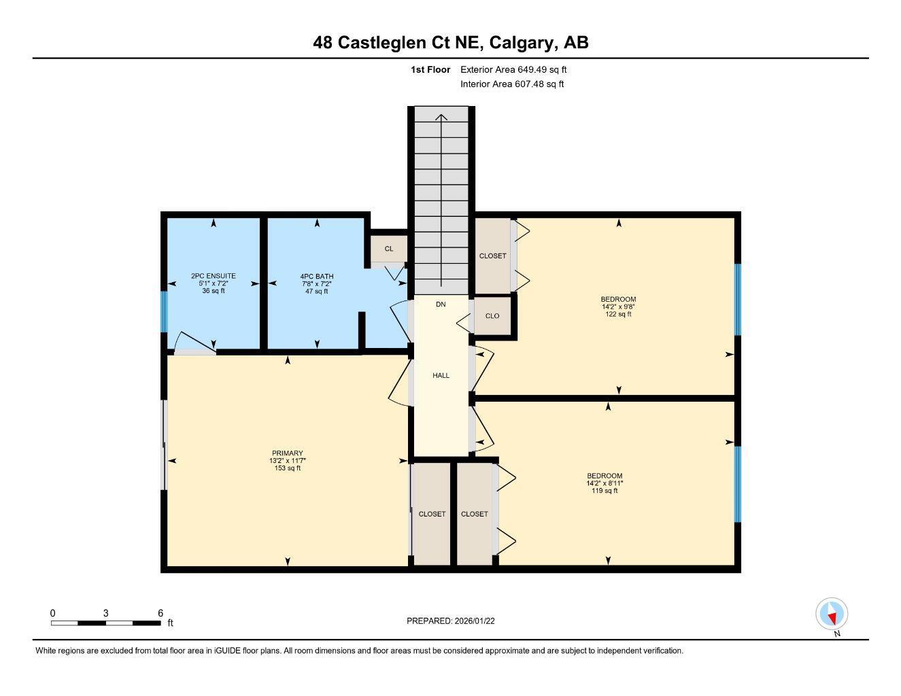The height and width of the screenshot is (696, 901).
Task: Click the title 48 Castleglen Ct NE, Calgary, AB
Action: (450, 42)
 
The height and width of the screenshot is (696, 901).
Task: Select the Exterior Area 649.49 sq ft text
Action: (513, 69)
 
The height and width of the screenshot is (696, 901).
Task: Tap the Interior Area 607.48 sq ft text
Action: (512, 84)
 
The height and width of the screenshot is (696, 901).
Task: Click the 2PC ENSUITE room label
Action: (214, 276)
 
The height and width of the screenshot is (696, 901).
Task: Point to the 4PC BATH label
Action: (317, 277)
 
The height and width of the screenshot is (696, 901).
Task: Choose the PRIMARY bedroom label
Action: (287, 453)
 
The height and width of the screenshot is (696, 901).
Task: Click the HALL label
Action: (441, 375)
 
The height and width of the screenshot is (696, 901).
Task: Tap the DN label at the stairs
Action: (441, 304)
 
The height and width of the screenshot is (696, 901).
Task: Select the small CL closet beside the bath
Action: (389, 249)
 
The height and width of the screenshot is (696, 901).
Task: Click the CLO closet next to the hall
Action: (492, 316)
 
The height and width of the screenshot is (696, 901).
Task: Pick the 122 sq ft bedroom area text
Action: (618, 314)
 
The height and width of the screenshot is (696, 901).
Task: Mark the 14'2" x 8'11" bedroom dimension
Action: (605, 483)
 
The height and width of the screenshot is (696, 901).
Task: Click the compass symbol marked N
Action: (832, 614)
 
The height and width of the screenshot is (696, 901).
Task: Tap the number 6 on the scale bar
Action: (160, 613)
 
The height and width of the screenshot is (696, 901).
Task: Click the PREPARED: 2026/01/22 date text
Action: (456, 621)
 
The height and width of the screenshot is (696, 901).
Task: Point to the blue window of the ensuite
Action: (163, 311)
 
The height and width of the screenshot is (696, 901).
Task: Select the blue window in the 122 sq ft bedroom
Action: (738, 299)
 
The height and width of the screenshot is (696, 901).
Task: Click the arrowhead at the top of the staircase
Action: (441, 118)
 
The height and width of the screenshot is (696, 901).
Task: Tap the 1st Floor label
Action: (430, 69)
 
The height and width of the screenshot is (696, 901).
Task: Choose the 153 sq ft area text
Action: (287, 468)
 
